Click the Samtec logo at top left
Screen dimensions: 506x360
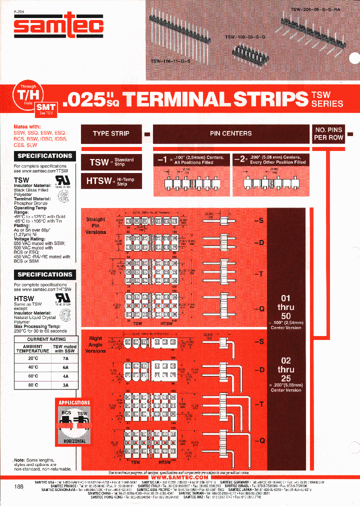(58, 26)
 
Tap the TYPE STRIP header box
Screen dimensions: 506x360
(111, 133)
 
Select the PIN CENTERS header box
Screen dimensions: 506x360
(230, 133)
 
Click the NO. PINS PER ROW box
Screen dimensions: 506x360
(328, 133)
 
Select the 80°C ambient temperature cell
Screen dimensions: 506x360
(33, 385)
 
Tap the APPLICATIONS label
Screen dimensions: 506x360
(74, 402)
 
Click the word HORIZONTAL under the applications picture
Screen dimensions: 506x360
(74, 441)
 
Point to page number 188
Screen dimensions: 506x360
(18, 486)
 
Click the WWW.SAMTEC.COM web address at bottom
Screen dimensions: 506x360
(178, 477)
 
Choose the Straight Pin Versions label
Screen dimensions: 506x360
(95, 225)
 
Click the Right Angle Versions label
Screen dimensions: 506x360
(95, 344)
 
